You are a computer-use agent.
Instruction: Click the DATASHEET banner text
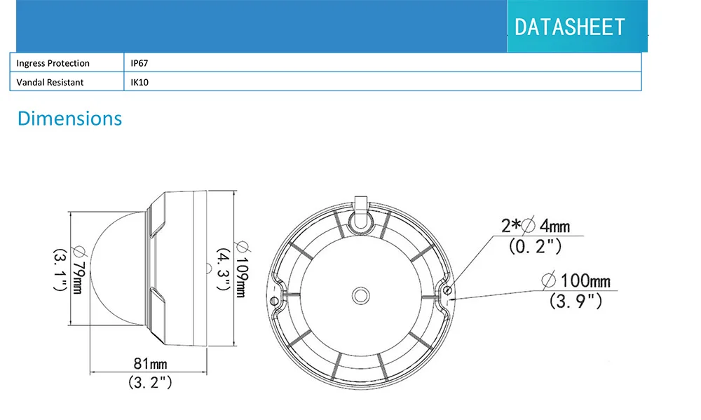[x=569, y=27]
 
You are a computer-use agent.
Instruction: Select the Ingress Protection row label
[x=53, y=63]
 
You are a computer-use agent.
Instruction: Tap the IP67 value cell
[x=139, y=63]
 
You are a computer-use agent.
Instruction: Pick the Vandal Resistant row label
[x=50, y=82]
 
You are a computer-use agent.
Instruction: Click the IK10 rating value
[x=139, y=82]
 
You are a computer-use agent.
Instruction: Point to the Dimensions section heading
[x=69, y=118]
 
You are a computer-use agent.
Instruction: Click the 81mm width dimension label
[x=150, y=363]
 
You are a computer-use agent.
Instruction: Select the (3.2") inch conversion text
[x=150, y=382]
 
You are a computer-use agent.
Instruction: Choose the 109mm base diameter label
[x=242, y=269]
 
